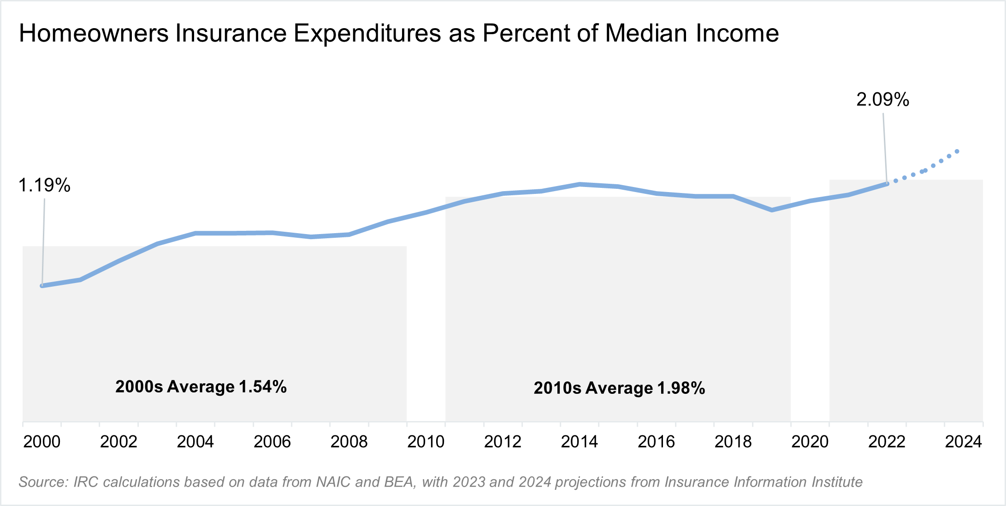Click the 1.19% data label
click(x=44, y=185)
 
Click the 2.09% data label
click(x=882, y=100)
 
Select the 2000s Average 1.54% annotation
click(x=201, y=386)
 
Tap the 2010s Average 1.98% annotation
click(x=619, y=388)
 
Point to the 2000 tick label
click(x=42, y=442)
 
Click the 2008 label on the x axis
click(x=349, y=442)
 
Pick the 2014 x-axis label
click(x=579, y=442)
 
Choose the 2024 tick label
click(x=963, y=442)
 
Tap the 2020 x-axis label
click(x=810, y=442)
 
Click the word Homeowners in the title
click(x=94, y=33)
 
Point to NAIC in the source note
click(x=334, y=482)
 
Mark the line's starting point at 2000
click(x=42, y=286)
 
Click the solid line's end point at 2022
click(x=887, y=184)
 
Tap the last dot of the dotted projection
click(x=957, y=151)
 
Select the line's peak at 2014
click(x=580, y=184)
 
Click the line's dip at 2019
click(x=772, y=210)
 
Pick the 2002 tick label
click(x=118, y=442)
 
